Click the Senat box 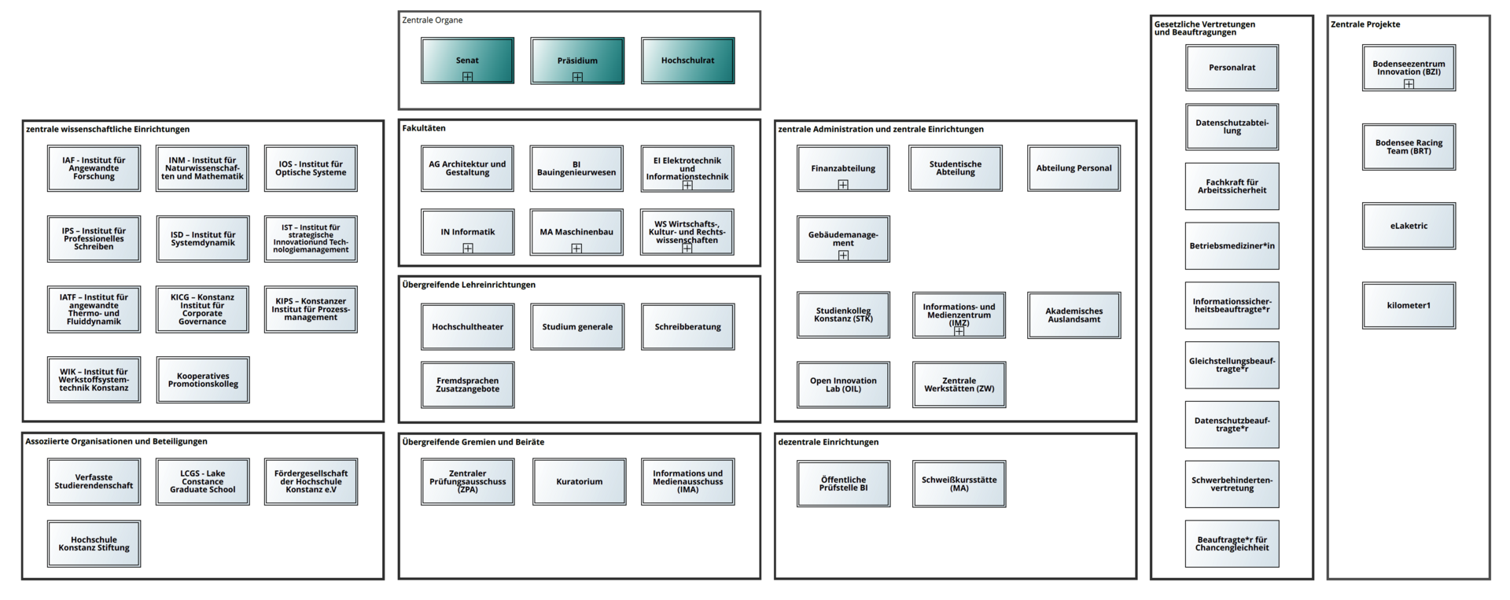pos(467,61)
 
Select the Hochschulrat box pos(687,61)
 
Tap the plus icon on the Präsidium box pos(577,77)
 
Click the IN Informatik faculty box pos(467,232)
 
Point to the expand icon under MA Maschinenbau pos(576,248)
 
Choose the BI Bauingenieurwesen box pos(576,168)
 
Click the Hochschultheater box pos(467,326)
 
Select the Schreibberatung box pos(687,326)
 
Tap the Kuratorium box pos(580,481)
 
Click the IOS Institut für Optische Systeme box pos(311,168)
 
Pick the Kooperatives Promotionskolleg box pos(203,380)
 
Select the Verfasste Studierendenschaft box pos(94,481)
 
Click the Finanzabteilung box pos(843,168)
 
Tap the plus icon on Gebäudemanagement pos(843,256)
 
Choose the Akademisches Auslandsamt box pos(1074,315)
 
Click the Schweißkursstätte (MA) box pos(959,484)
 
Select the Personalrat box pos(1232,68)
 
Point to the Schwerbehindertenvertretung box pos(1232,484)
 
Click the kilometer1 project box pos(1409,305)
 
